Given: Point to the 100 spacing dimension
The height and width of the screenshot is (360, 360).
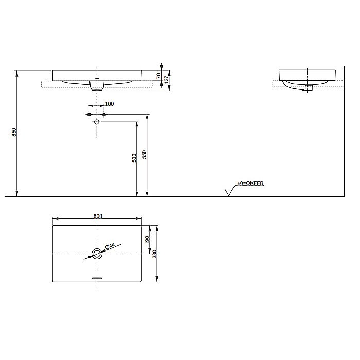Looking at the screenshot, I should (109, 104).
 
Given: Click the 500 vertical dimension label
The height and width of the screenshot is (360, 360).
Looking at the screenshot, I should (134, 158).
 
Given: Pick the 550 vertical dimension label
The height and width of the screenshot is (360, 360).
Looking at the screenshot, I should (145, 155).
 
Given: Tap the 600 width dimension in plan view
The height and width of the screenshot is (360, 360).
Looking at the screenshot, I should (97, 216).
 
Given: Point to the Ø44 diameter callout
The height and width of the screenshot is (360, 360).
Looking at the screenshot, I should (110, 247).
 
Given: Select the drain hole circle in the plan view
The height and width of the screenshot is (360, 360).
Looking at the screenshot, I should (97, 253).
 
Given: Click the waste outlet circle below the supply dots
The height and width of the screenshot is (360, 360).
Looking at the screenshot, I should (97, 122).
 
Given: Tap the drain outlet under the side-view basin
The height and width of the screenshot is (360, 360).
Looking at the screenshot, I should (309, 88).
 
